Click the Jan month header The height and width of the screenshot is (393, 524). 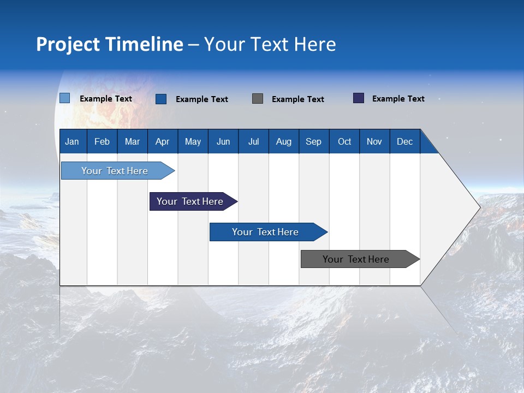(x=73, y=141)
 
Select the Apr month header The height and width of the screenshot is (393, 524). (x=163, y=141)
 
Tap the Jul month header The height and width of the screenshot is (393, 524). (x=253, y=141)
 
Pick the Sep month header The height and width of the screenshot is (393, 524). (x=313, y=141)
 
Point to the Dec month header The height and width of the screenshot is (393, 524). (x=404, y=141)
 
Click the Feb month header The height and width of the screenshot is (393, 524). (x=102, y=141)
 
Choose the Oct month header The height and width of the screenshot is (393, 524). (x=344, y=141)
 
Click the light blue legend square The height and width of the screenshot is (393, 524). (x=64, y=98)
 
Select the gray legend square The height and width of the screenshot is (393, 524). (x=258, y=98)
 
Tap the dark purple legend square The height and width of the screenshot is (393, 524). (x=359, y=98)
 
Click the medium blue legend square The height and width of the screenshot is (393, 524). (x=161, y=99)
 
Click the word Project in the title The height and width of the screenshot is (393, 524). (x=68, y=44)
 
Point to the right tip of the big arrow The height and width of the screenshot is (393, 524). (x=479, y=207)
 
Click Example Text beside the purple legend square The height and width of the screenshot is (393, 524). (x=398, y=99)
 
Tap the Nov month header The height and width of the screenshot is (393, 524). (x=374, y=141)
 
